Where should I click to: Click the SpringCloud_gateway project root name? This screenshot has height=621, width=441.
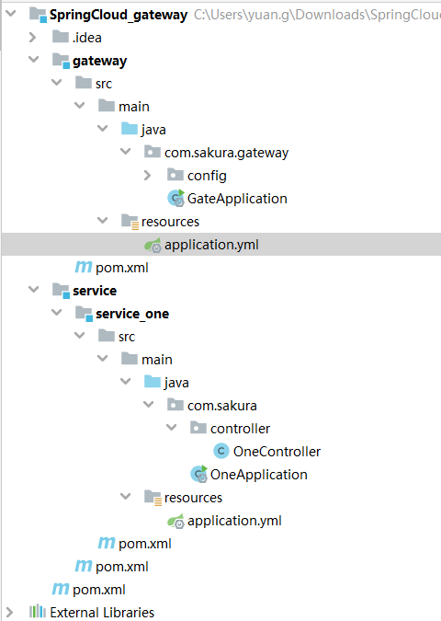(x=119, y=15)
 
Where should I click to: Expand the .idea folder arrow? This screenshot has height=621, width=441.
(x=33, y=38)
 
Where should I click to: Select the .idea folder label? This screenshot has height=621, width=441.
(x=87, y=38)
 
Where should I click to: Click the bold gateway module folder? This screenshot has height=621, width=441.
(x=99, y=61)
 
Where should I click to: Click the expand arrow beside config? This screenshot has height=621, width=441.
(x=148, y=175)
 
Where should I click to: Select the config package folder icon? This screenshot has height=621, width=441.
(x=175, y=175)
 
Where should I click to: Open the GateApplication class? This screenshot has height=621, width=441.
(x=237, y=198)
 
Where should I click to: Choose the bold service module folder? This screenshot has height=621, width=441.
(x=95, y=290)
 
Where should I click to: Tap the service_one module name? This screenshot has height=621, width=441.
(x=132, y=313)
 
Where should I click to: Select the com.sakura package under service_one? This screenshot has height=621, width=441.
(x=222, y=405)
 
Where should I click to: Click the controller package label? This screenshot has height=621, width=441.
(x=240, y=428)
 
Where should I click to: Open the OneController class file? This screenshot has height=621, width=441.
(x=277, y=451)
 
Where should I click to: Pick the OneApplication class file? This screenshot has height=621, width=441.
(x=258, y=474)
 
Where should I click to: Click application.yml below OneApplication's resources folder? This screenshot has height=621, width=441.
(x=233, y=520)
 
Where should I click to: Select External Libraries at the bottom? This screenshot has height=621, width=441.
(x=102, y=612)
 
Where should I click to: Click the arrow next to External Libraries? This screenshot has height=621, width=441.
(x=10, y=612)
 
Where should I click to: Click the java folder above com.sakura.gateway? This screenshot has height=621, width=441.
(x=153, y=129)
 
